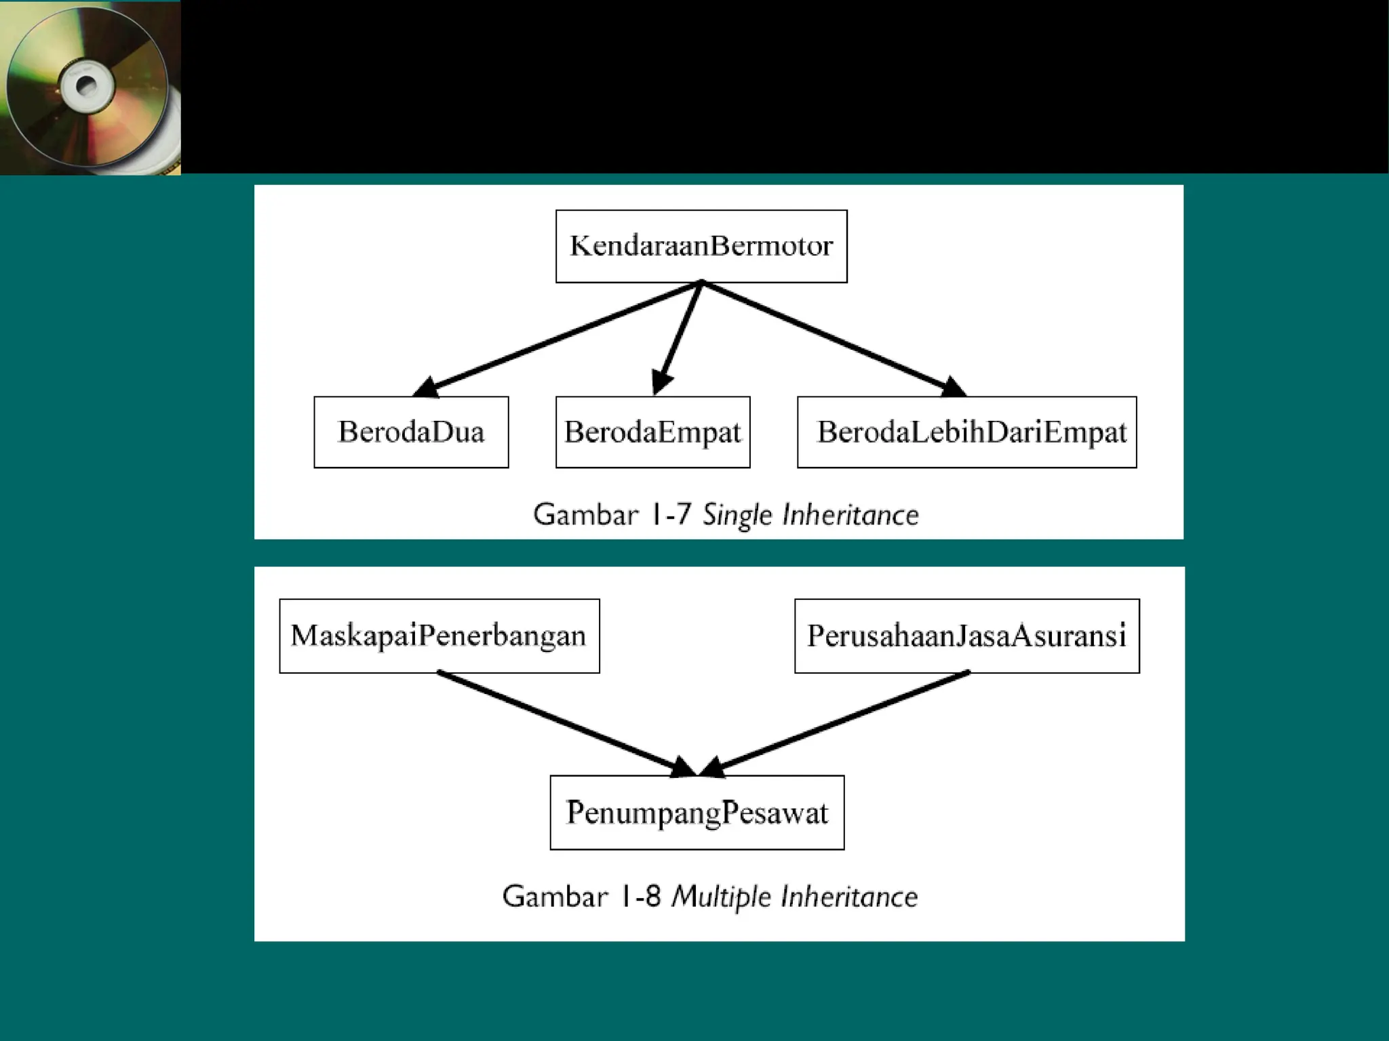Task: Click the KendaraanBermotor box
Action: tap(701, 246)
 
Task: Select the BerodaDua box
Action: tap(411, 432)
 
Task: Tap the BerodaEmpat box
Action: tap(652, 432)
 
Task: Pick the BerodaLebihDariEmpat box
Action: tap(966, 432)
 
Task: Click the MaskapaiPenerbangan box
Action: tap(439, 636)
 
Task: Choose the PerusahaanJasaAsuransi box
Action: tap(966, 636)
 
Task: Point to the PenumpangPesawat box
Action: tap(697, 813)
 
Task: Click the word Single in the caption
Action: tap(737, 516)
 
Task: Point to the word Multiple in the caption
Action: tap(721, 897)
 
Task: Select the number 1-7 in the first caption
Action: tap(670, 514)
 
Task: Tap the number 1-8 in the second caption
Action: tap(640, 896)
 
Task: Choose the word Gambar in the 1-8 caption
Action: tap(555, 896)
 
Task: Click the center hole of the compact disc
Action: tap(86, 86)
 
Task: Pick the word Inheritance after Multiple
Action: tap(849, 897)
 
